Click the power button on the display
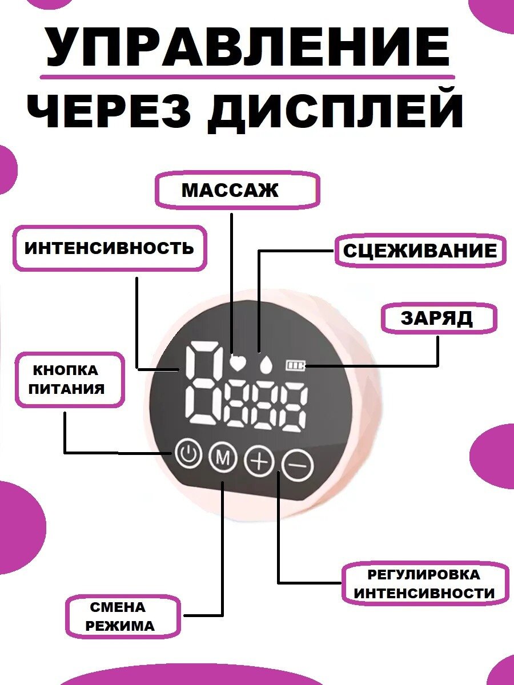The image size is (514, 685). point(188,455)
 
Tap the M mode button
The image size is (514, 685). point(223,457)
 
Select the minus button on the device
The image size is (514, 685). point(298,466)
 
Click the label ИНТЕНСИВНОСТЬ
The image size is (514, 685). point(109,248)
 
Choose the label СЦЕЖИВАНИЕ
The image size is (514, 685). point(420,251)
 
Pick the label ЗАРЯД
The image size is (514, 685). point(437,318)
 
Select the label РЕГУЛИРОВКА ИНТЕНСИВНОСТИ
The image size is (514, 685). point(424,583)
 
